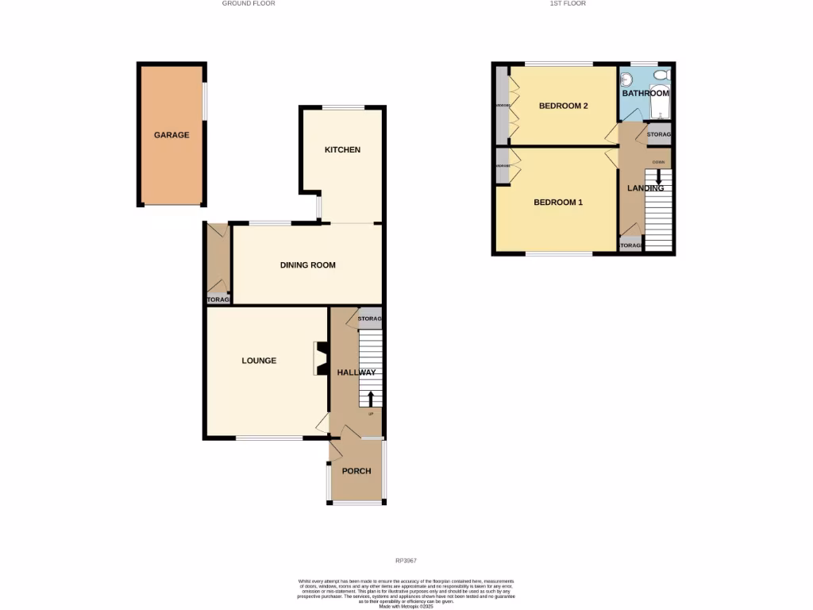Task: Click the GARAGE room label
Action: coord(171,135)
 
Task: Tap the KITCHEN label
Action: coord(342,149)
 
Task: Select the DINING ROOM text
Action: coord(307,265)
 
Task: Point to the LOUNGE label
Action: coord(259,361)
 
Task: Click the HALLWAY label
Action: coord(356,373)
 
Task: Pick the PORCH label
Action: coord(356,471)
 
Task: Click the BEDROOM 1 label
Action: coord(557,203)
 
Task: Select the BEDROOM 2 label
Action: coord(563,106)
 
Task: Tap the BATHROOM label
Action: coord(645,93)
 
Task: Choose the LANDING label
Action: coord(645,188)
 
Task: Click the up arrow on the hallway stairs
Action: coord(370,396)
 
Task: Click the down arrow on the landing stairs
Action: coord(658,179)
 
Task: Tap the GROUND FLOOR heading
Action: coord(249,3)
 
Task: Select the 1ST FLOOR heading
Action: coord(567,3)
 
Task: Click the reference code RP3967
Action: coord(406,562)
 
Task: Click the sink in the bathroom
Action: coord(626,79)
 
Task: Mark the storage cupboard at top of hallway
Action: coord(370,319)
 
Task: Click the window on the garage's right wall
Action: coord(205,102)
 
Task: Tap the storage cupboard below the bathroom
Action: coord(659,134)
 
